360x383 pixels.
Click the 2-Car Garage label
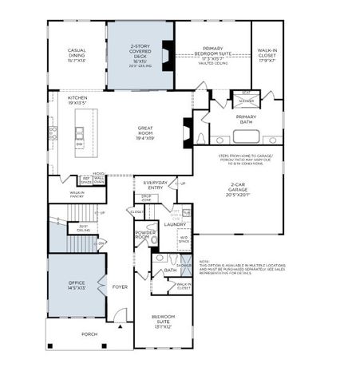tap(239, 190)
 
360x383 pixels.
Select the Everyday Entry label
tap(151, 185)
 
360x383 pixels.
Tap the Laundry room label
tap(174, 224)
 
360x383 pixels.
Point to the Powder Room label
tap(145, 236)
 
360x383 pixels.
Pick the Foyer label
tap(120, 286)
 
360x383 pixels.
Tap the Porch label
tap(89, 334)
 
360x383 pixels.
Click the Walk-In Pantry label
tap(77, 193)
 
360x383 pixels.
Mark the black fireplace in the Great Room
tap(187, 129)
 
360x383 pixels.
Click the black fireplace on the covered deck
tap(167, 55)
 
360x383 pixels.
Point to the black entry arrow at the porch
tap(120, 326)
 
